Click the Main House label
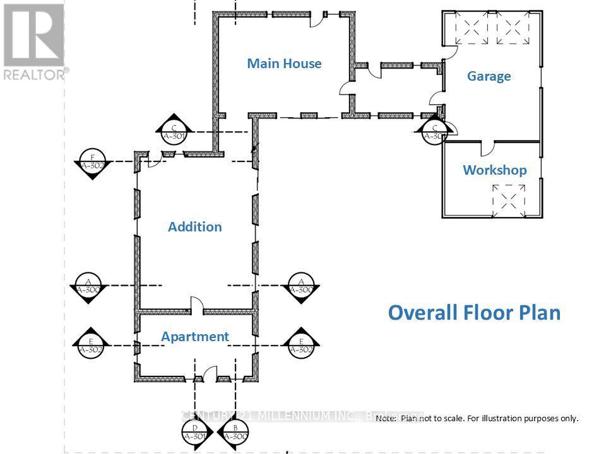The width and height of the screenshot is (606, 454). click(x=284, y=63)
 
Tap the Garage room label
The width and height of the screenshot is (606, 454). click(x=489, y=76)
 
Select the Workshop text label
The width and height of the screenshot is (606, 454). click(x=494, y=170)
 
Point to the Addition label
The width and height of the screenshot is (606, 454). click(x=195, y=227)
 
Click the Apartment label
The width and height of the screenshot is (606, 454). click(x=195, y=337)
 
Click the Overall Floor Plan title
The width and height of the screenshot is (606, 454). click(x=474, y=313)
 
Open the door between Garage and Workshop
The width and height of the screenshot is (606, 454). click(x=488, y=148)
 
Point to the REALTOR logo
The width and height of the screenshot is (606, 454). click(x=34, y=42)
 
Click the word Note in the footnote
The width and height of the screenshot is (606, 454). click(x=386, y=418)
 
